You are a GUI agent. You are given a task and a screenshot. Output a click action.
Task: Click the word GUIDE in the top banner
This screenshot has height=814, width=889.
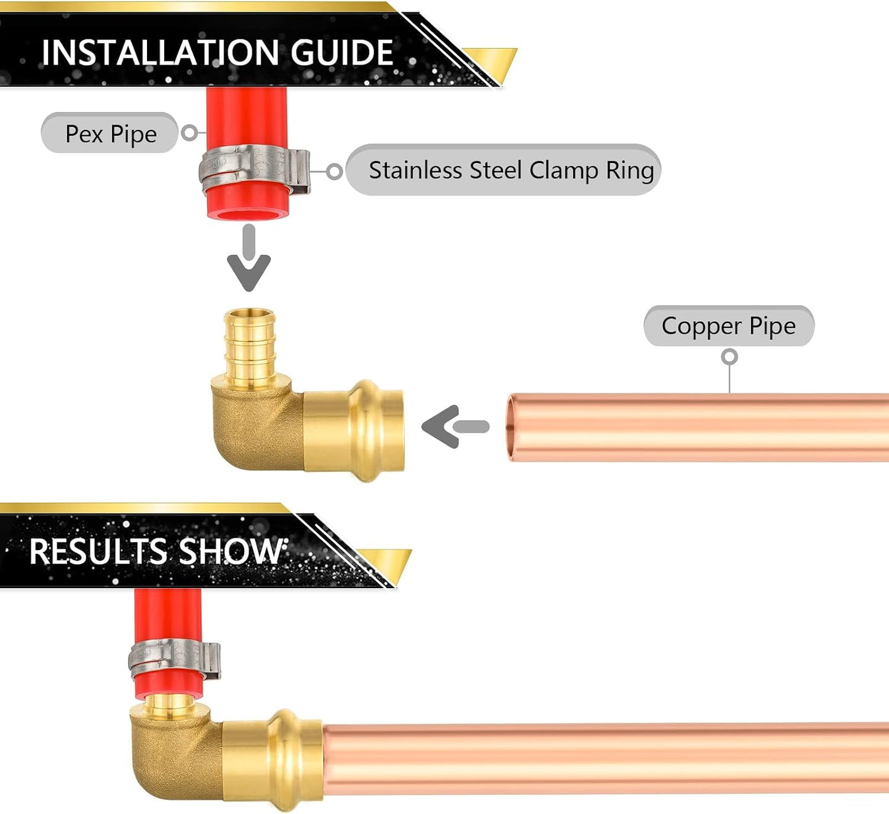[x=342, y=52]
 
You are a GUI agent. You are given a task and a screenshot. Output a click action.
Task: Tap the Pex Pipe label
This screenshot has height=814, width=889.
[x=110, y=133]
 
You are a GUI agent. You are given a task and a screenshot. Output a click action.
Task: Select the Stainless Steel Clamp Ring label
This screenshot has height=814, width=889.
[x=503, y=170]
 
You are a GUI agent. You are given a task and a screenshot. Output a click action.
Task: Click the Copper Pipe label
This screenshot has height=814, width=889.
[x=728, y=326]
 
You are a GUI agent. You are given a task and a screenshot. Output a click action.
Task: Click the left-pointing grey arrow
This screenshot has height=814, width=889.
[x=455, y=426]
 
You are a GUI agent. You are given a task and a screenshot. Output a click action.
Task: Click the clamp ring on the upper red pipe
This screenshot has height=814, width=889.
[x=255, y=169]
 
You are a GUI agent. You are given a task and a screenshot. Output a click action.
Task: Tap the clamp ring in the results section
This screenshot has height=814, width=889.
[x=174, y=660]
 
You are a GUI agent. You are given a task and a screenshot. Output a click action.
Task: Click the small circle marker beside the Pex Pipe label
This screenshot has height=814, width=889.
[x=189, y=132]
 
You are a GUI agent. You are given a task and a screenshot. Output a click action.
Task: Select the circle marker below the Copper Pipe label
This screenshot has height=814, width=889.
[x=730, y=357]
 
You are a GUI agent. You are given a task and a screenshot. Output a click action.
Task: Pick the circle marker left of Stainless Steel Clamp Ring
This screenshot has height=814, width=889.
[x=334, y=172]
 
